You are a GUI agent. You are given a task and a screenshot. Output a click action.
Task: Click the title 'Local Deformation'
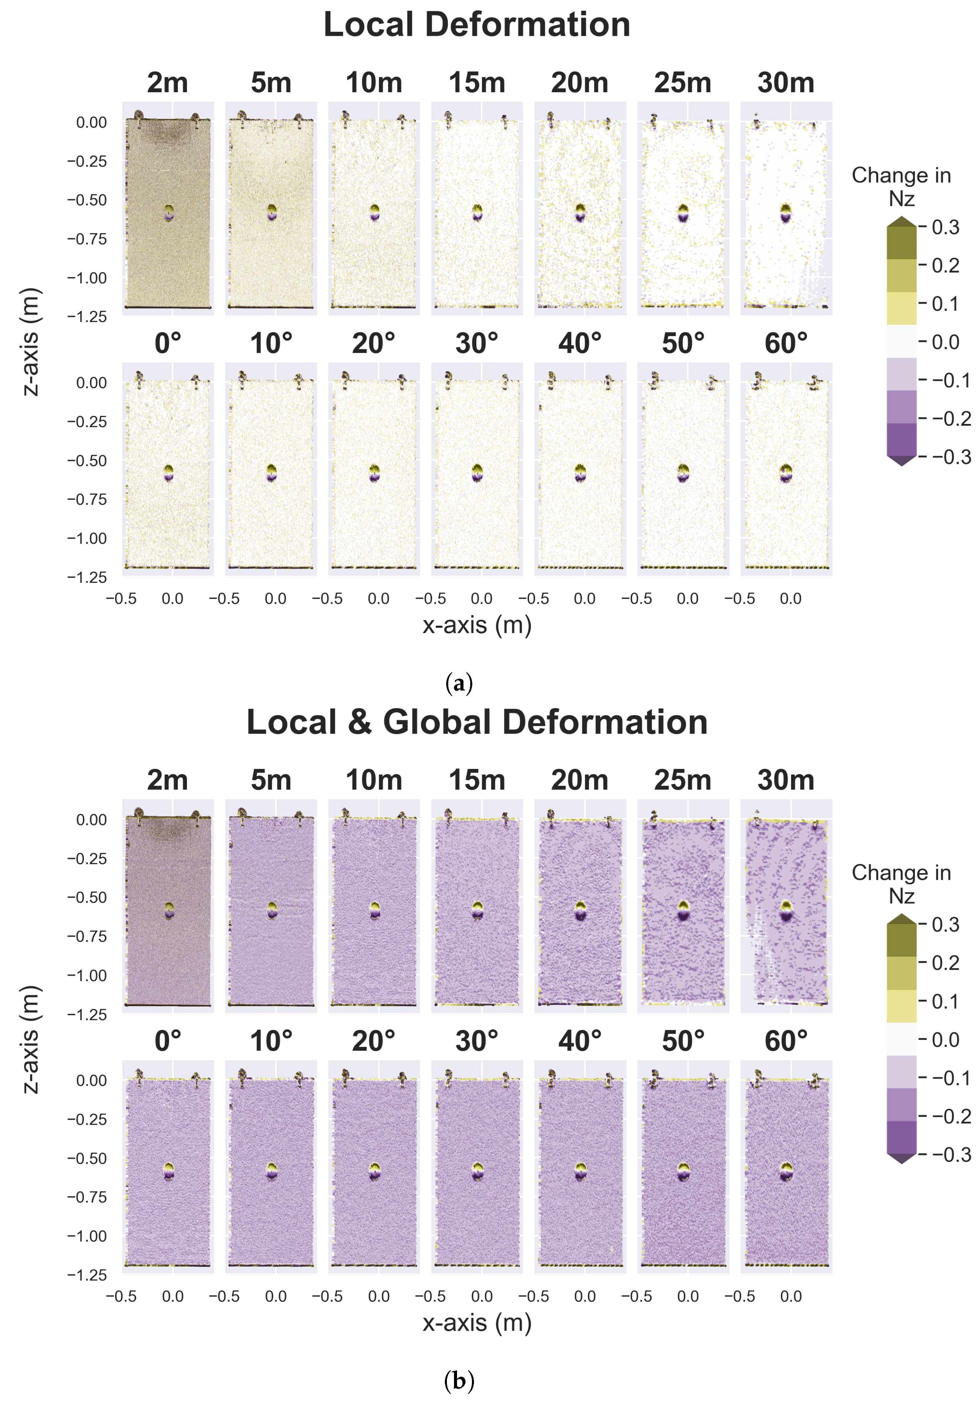(477, 25)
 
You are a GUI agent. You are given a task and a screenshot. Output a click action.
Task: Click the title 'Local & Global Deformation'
(477, 722)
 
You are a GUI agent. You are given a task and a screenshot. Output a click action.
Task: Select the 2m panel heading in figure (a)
(167, 83)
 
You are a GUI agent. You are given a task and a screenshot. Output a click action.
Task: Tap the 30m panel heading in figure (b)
(786, 780)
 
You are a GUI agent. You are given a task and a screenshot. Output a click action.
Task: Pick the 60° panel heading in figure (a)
(786, 344)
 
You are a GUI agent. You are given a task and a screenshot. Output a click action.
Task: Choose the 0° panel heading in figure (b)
(167, 1041)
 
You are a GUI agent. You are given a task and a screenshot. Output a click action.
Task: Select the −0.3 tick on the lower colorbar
(951, 1155)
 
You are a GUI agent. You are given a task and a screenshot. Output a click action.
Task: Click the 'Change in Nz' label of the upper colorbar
(901, 187)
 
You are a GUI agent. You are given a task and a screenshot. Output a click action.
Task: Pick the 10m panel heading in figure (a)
(374, 83)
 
